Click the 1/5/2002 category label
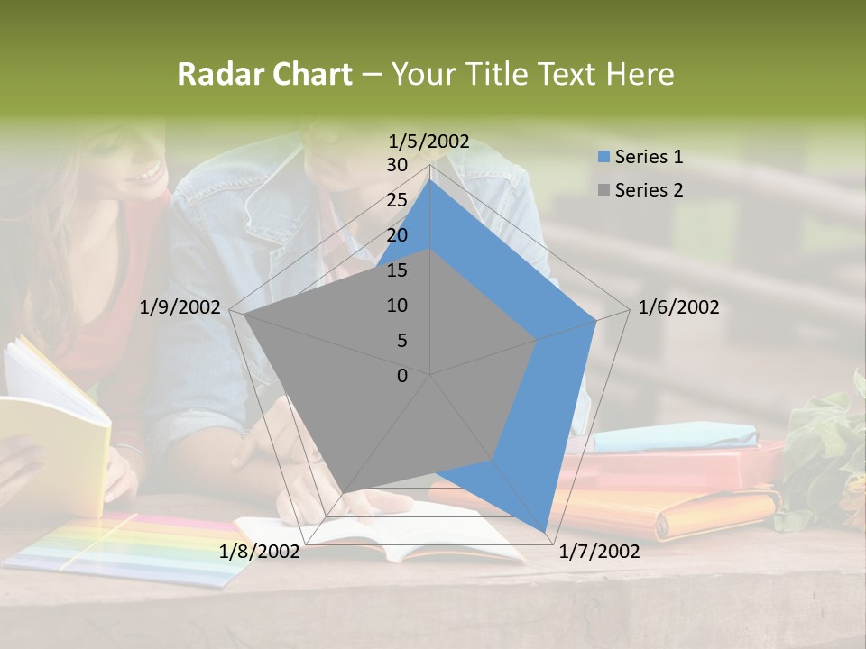click(x=429, y=141)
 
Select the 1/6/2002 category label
click(x=678, y=307)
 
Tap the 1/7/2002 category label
click(x=599, y=552)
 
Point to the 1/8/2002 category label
click(x=260, y=552)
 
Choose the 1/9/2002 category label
click(x=180, y=307)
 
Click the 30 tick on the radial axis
click(x=397, y=165)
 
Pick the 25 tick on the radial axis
click(x=397, y=200)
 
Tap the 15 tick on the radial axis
click(x=397, y=270)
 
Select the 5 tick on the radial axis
click(x=401, y=341)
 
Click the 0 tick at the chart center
click(x=402, y=376)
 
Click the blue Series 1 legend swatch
click(x=603, y=157)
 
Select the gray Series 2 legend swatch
click(x=603, y=190)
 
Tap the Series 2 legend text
click(x=649, y=190)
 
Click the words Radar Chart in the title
click(x=264, y=75)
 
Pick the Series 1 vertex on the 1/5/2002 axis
click(x=430, y=179)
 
